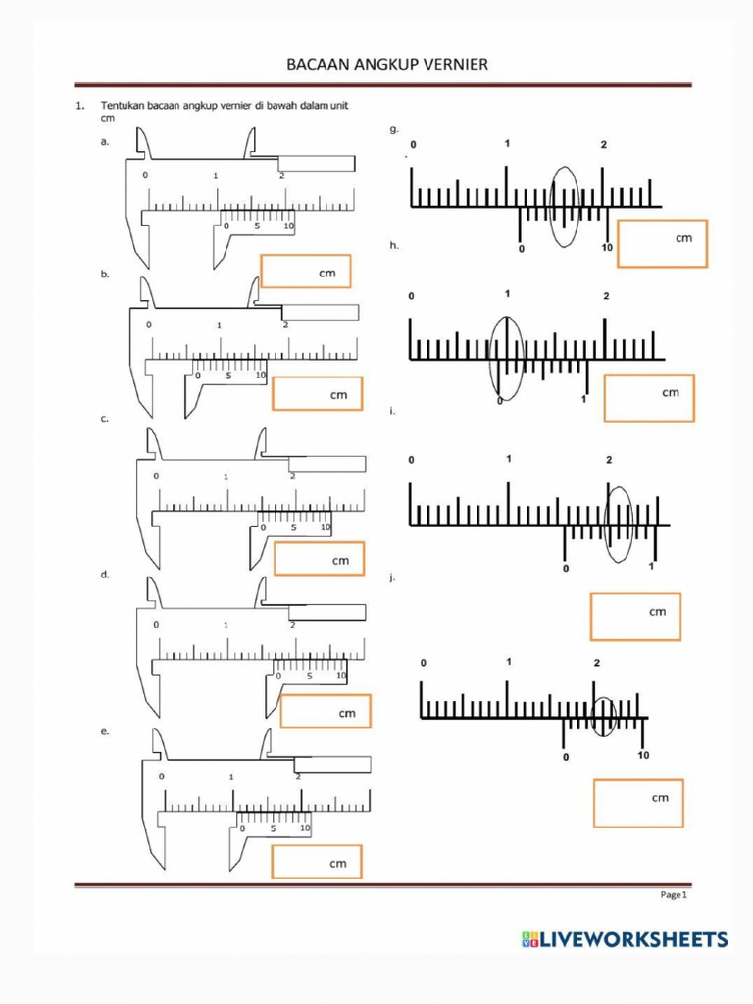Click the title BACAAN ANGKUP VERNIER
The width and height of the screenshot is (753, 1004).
point(386,65)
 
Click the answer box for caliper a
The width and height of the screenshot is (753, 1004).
point(305,271)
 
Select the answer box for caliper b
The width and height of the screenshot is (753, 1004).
point(317,393)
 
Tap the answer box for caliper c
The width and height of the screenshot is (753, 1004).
point(319,559)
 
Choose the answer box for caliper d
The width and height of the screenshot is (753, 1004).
point(326,712)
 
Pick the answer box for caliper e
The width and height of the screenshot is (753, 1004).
point(317,862)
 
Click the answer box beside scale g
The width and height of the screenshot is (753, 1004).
point(662,243)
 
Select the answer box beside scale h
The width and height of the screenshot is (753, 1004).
point(648,397)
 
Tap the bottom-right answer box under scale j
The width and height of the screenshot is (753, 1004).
point(637,803)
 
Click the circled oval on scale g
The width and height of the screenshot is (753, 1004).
point(564,206)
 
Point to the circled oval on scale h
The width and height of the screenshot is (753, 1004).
point(506,359)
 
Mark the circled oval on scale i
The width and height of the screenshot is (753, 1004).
point(620,524)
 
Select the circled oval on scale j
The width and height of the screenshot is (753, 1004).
point(604,718)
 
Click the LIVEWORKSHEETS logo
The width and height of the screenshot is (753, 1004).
point(624,939)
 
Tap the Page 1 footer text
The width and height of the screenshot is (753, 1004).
point(675,894)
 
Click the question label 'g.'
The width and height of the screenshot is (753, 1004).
point(394,128)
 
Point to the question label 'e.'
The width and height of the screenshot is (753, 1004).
point(105,731)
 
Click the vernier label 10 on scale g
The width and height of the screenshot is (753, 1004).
point(607,248)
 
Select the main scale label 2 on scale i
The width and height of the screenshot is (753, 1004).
point(609,460)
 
